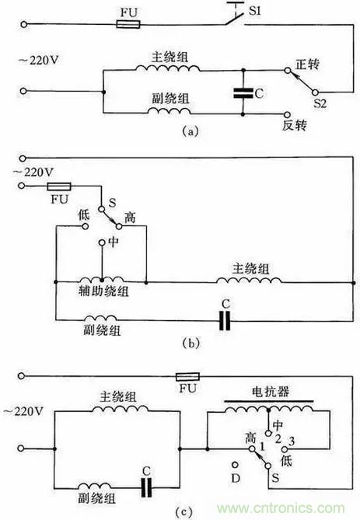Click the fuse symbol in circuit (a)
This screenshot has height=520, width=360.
(x=128, y=24)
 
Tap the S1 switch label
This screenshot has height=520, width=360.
(x=255, y=12)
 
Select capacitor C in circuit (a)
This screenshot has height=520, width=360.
(x=243, y=92)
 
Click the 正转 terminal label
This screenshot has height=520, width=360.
(x=308, y=64)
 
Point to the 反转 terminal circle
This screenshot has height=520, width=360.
(x=287, y=114)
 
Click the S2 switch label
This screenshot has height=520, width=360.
(x=320, y=103)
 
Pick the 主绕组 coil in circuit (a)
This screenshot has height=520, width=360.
(x=167, y=68)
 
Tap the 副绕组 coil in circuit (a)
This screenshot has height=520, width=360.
(x=170, y=111)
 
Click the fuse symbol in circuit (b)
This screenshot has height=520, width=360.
(x=59, y=187)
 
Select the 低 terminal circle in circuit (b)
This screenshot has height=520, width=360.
(x=86, y=226)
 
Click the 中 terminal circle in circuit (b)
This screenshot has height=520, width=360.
(x=102, y=243)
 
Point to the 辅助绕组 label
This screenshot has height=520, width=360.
(x=103, y=291)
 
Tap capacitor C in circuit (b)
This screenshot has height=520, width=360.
(x=225, y=321)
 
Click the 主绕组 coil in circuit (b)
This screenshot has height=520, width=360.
(x=249, y=281)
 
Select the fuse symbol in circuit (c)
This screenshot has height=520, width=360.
(x=187, y=376)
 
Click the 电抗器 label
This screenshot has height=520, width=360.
(x=271, y=392)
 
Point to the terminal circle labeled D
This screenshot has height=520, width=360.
(x=236, y=466)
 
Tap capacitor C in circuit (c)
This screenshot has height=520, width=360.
(x=146, y=487)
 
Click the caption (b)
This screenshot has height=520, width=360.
(x=191, y=344)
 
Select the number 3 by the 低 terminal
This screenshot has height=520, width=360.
(x=292, y=441)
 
